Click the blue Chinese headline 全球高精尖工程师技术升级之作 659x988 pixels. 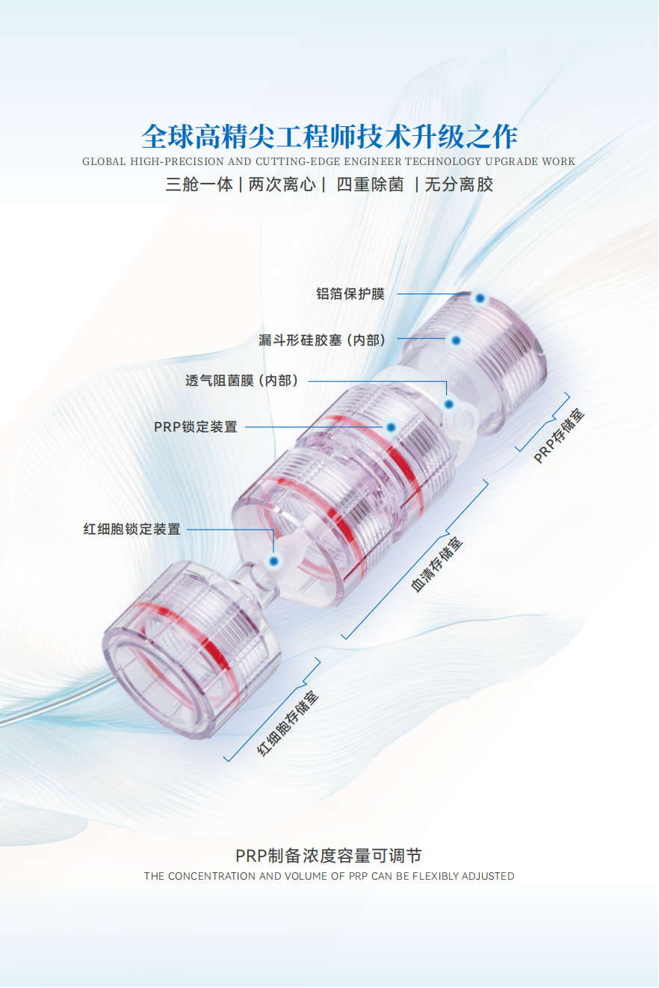[329, 137]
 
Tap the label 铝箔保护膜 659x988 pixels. [350, 293]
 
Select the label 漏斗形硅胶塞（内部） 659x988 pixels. [323, 340]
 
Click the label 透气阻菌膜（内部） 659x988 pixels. [242, 380]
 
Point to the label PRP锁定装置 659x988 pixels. [196, 427]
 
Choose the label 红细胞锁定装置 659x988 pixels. [132, 529]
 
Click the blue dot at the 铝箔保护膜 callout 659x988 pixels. [480, 299]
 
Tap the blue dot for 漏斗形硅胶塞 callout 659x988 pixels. [456, 341]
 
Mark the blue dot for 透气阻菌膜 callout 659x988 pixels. [449, 404]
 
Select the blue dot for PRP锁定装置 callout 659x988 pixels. [391, 427]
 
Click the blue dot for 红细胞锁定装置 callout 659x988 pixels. [273, 561]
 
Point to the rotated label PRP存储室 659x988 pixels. [559, 436]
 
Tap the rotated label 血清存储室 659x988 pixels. [437, 564]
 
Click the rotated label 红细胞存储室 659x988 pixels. [288, 724]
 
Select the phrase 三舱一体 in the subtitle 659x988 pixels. [199, 184]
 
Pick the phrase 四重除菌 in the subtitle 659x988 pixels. [370, 184]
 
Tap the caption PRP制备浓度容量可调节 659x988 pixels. [329, 856]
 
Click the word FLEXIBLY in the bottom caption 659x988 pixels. [435, 876]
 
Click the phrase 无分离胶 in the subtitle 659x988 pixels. [459, 184]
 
